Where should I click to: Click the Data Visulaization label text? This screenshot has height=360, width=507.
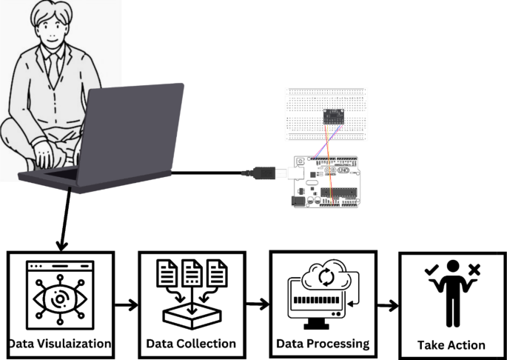[x=60, y=344]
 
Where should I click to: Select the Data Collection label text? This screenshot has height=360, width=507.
[x=191, y=344]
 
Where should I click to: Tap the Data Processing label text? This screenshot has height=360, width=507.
[x=323, y=344]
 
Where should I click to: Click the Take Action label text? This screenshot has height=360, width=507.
[x=451, y=344]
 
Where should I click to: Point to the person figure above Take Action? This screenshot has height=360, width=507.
[x=451, y=296]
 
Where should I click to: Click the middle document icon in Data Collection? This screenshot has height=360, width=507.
[x=191, y=275]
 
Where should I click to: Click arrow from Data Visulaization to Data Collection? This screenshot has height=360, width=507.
[x=127, y=304]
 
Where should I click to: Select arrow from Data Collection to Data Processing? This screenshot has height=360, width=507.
[x=257, y=304]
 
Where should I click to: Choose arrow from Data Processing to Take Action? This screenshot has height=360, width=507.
[x=388, y=304]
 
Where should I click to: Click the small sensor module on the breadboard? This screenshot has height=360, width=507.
[x=332, y=116]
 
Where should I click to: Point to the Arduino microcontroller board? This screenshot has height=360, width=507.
[x=326, y=181]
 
